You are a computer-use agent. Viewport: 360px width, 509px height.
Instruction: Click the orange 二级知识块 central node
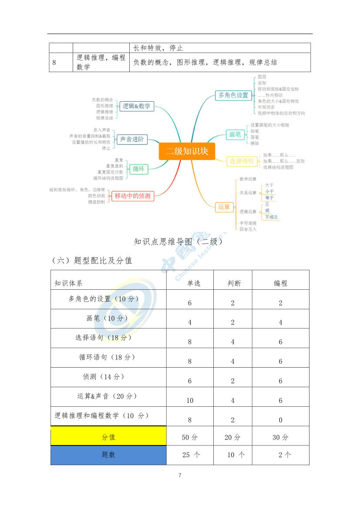coord(187,151)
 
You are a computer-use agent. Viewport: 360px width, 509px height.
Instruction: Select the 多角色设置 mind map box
coord(233,95)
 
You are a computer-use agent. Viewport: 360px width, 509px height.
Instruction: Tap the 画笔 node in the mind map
coord(235,134)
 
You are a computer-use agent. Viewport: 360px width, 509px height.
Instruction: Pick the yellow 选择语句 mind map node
coord(242,161)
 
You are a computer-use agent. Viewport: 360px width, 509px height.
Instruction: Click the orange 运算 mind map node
coord(224,207)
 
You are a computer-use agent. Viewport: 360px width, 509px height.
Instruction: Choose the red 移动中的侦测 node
coord(132,196)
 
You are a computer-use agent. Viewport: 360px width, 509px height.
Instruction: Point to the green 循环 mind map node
coord(138,169)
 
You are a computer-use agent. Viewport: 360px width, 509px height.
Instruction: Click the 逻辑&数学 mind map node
coord(136,106)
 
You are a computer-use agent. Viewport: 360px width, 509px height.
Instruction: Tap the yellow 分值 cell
coord(108,437)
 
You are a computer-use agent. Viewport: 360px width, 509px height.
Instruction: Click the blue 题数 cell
coord(108,455)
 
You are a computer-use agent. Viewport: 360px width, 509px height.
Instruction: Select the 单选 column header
coord(194,283)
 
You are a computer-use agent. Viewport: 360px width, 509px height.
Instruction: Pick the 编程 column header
coord(280,283)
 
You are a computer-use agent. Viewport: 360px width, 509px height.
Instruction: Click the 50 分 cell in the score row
coord(190,437)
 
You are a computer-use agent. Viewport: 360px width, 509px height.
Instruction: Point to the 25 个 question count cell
coord(191,455)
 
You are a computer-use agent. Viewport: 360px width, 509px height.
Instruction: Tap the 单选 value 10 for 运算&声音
coord(190,400)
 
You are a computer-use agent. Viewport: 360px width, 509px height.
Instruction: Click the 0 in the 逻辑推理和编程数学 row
coord(280,420)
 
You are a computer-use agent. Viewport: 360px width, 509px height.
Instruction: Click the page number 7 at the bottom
coord(180,475)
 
